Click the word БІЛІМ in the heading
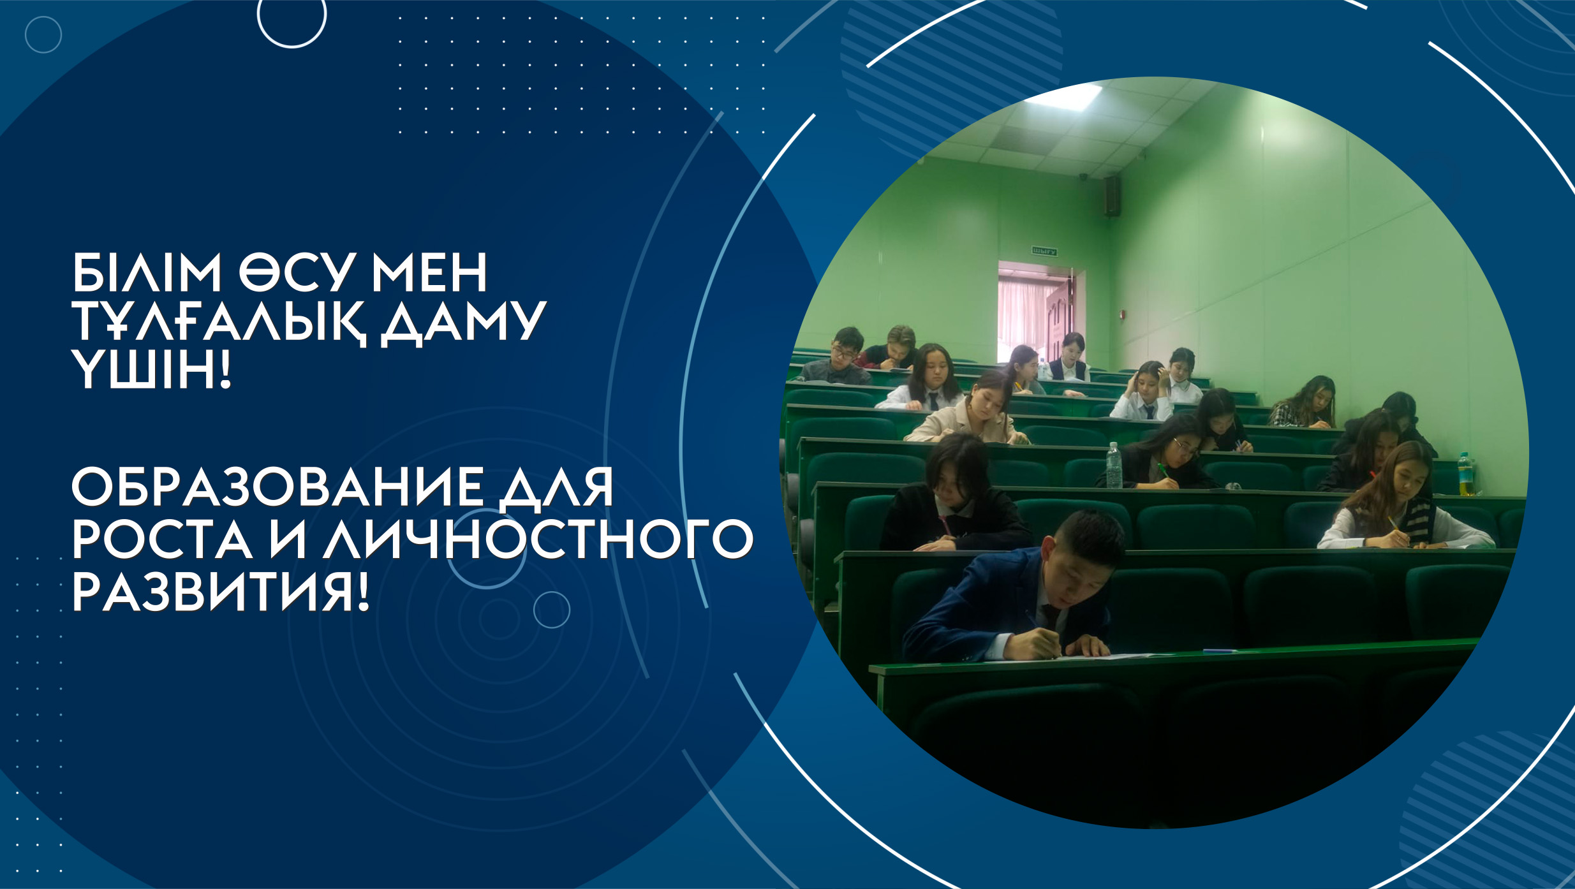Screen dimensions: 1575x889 (146, 272)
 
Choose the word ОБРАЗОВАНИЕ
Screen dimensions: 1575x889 (276, 487)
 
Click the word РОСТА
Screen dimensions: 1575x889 (161, 540)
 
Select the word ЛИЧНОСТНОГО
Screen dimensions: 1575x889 (538, 540)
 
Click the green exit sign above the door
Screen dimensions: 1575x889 (1044, 251)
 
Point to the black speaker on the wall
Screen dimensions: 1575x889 (1113, 196)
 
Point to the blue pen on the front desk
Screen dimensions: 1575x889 (1219, 651)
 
